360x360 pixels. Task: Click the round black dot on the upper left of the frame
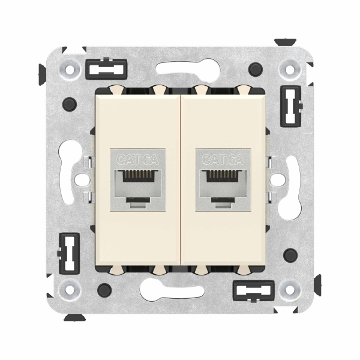68,102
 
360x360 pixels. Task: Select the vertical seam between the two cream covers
179,180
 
